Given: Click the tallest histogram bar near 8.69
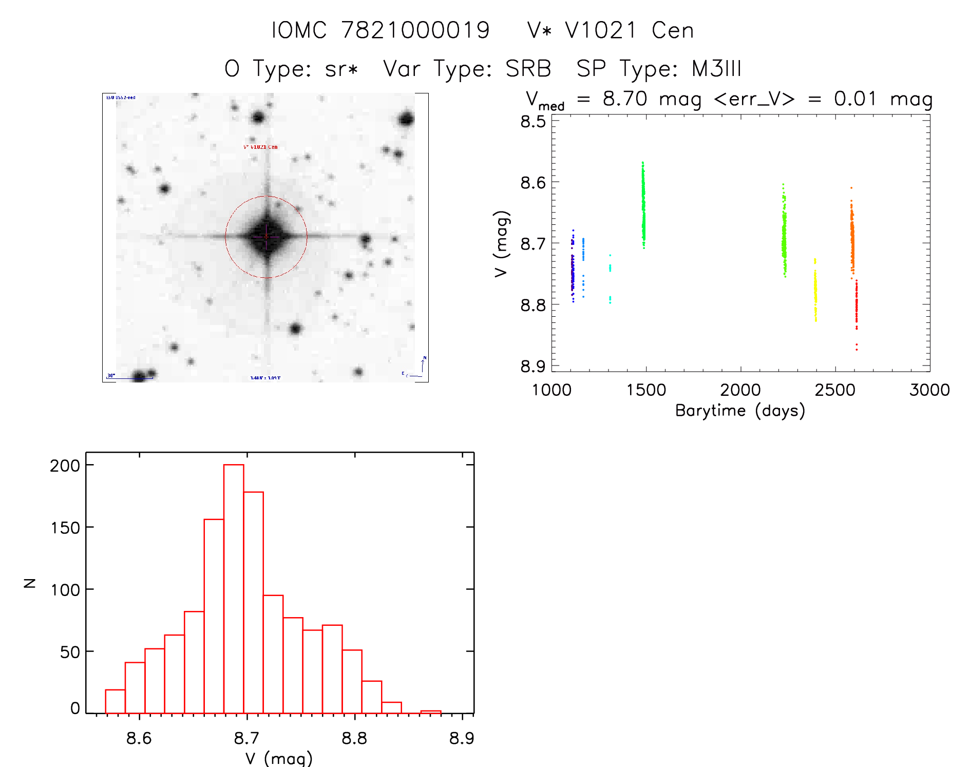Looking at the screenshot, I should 234,588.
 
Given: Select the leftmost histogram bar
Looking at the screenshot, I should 115,701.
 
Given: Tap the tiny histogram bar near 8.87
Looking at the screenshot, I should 430,712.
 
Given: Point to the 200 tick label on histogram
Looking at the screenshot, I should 65,466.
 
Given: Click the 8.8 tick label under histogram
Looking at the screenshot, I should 354,738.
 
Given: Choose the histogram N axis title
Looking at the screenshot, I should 30,583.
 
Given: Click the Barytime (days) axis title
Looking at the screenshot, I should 740,411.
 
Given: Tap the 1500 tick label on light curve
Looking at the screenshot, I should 646,390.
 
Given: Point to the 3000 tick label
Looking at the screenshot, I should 929,390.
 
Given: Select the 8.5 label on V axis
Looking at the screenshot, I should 533,122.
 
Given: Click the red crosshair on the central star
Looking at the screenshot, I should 266,237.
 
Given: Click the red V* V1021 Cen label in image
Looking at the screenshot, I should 260,147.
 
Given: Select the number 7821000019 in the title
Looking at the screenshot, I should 415,30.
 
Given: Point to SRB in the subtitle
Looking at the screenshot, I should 528,69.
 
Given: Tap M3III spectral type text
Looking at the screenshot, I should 716,69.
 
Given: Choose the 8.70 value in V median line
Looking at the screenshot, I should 625,99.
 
